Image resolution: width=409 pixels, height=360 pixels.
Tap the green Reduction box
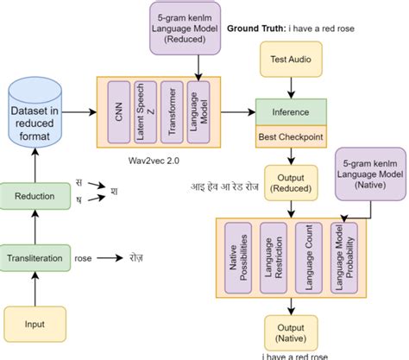[35, 197]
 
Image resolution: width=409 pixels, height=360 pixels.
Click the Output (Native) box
[291, 332]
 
